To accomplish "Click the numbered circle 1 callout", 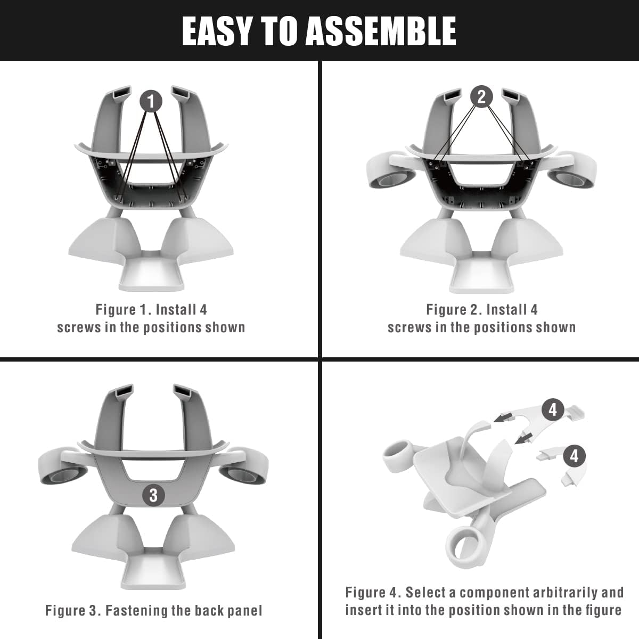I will (x=151, y=101).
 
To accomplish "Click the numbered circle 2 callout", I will (x=481, y=97).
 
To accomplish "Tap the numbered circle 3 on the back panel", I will (x=153, y=495).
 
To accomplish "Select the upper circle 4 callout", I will (x=553, y=409).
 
